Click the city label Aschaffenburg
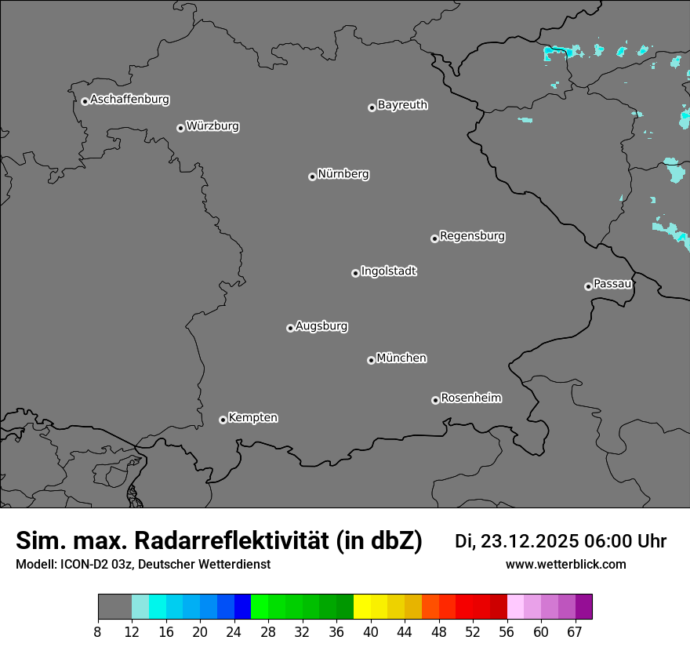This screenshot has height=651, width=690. [129, 100]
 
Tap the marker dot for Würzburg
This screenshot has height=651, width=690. [180, 128]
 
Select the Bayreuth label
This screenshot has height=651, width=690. [402, 105]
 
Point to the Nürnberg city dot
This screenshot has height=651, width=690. [312, 176]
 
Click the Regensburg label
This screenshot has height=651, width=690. [472, 235]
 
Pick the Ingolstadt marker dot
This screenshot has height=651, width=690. [355, 273]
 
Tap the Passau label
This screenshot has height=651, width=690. [612, 284]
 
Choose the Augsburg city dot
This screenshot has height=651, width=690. [290, 328]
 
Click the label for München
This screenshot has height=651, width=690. [401, 358]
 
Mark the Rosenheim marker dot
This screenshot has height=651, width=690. [435, 400]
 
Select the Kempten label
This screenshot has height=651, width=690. [252, 417]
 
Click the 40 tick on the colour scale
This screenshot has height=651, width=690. [371, 632]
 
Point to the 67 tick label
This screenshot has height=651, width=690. [576, 632]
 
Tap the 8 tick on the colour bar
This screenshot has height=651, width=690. [98, 632]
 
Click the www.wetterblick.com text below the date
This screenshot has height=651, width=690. [565, 565]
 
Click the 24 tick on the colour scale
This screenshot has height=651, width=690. [234, 632]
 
